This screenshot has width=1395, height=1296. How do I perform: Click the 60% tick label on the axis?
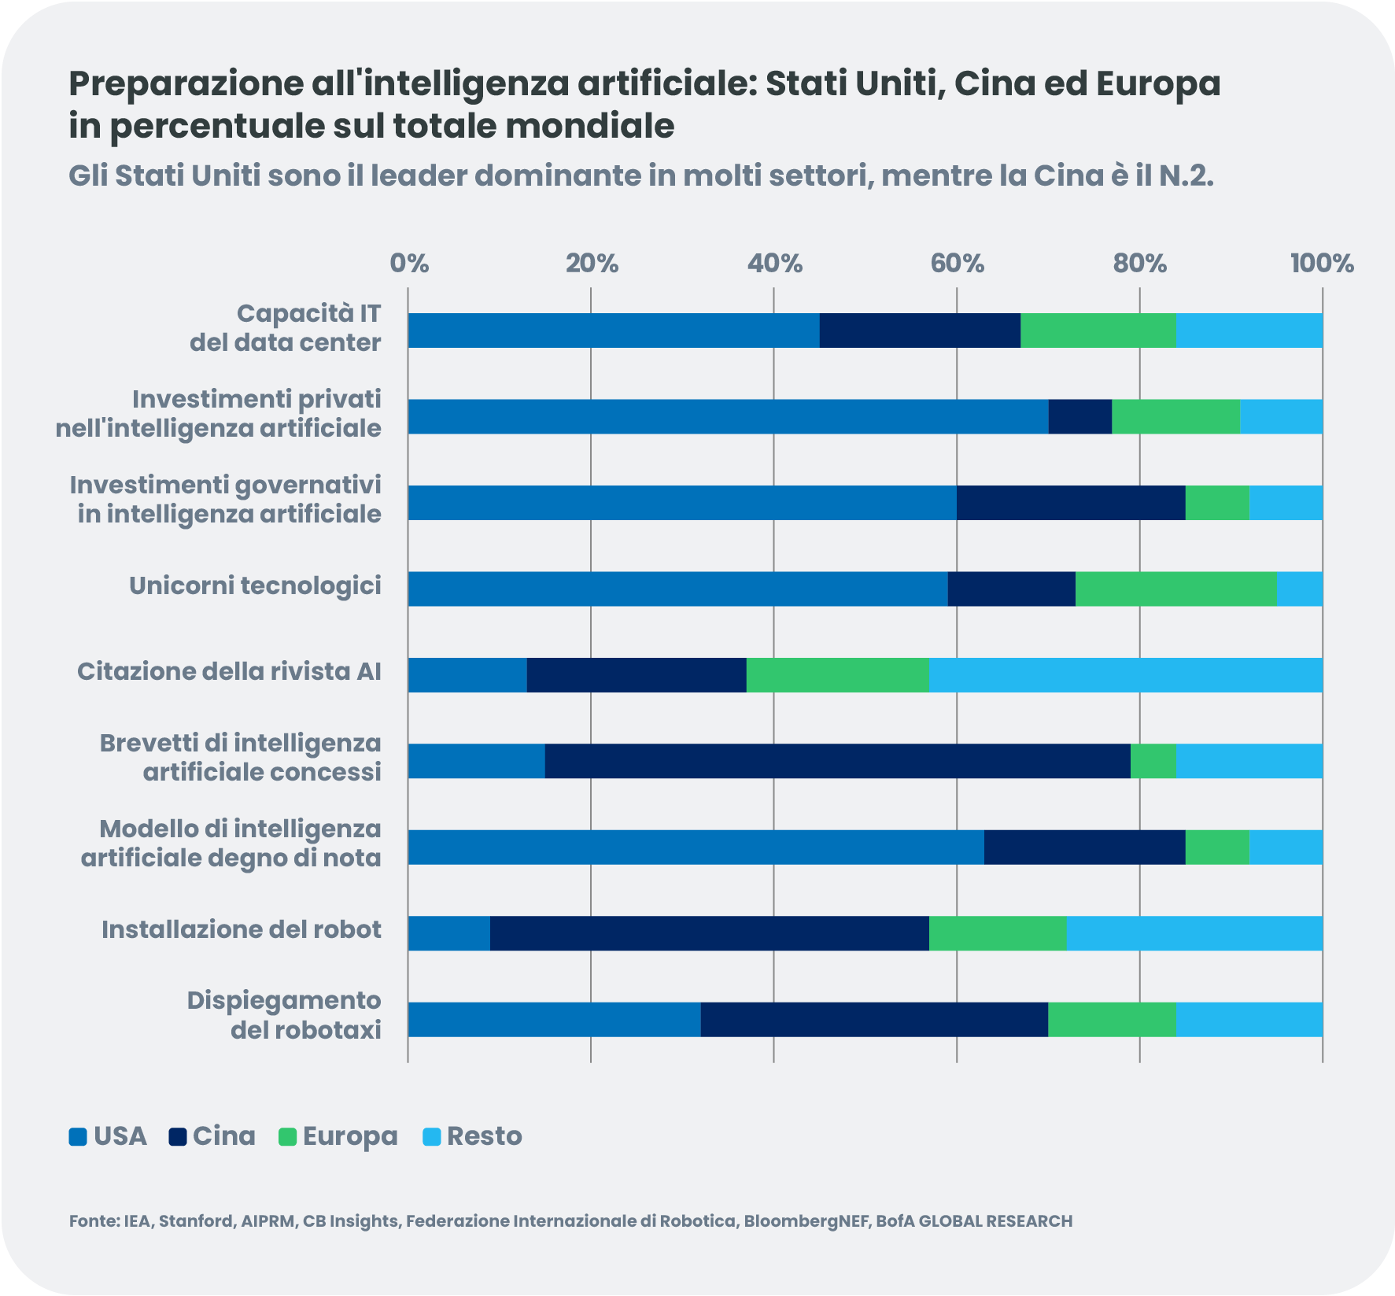(x=957, y=264)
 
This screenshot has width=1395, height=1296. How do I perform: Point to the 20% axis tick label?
(x=592, y=264)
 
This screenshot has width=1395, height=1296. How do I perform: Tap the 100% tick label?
(x=1322, y=264)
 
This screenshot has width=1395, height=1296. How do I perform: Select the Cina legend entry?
(x=212, y=1136)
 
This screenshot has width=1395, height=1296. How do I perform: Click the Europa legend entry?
(x=338, y=1136)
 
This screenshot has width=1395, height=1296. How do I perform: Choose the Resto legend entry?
(x=473, y=1136)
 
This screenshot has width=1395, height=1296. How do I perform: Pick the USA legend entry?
(x=108, y=1136)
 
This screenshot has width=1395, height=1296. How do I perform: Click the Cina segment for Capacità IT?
(x=920, y=330)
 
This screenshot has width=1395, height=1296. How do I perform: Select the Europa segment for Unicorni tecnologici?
(x=1175, y=589)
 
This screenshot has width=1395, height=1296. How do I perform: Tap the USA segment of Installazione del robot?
(x=448, y=933)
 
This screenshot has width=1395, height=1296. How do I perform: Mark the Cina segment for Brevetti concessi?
(x=837, y=761)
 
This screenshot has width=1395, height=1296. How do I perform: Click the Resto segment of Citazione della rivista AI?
(x=1125, y=675)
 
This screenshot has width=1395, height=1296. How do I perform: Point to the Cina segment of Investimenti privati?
(x=1079, y=416)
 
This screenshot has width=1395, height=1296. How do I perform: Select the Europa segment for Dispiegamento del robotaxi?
(x=1112, y=1019)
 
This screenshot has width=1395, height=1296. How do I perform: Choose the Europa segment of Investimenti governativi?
(x=1216, y=503)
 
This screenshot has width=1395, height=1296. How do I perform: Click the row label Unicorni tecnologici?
(x=255, y=586)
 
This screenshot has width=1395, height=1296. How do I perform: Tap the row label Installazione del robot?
(x=241, y=930)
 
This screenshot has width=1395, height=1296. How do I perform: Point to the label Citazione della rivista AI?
(x=229, y=672)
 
